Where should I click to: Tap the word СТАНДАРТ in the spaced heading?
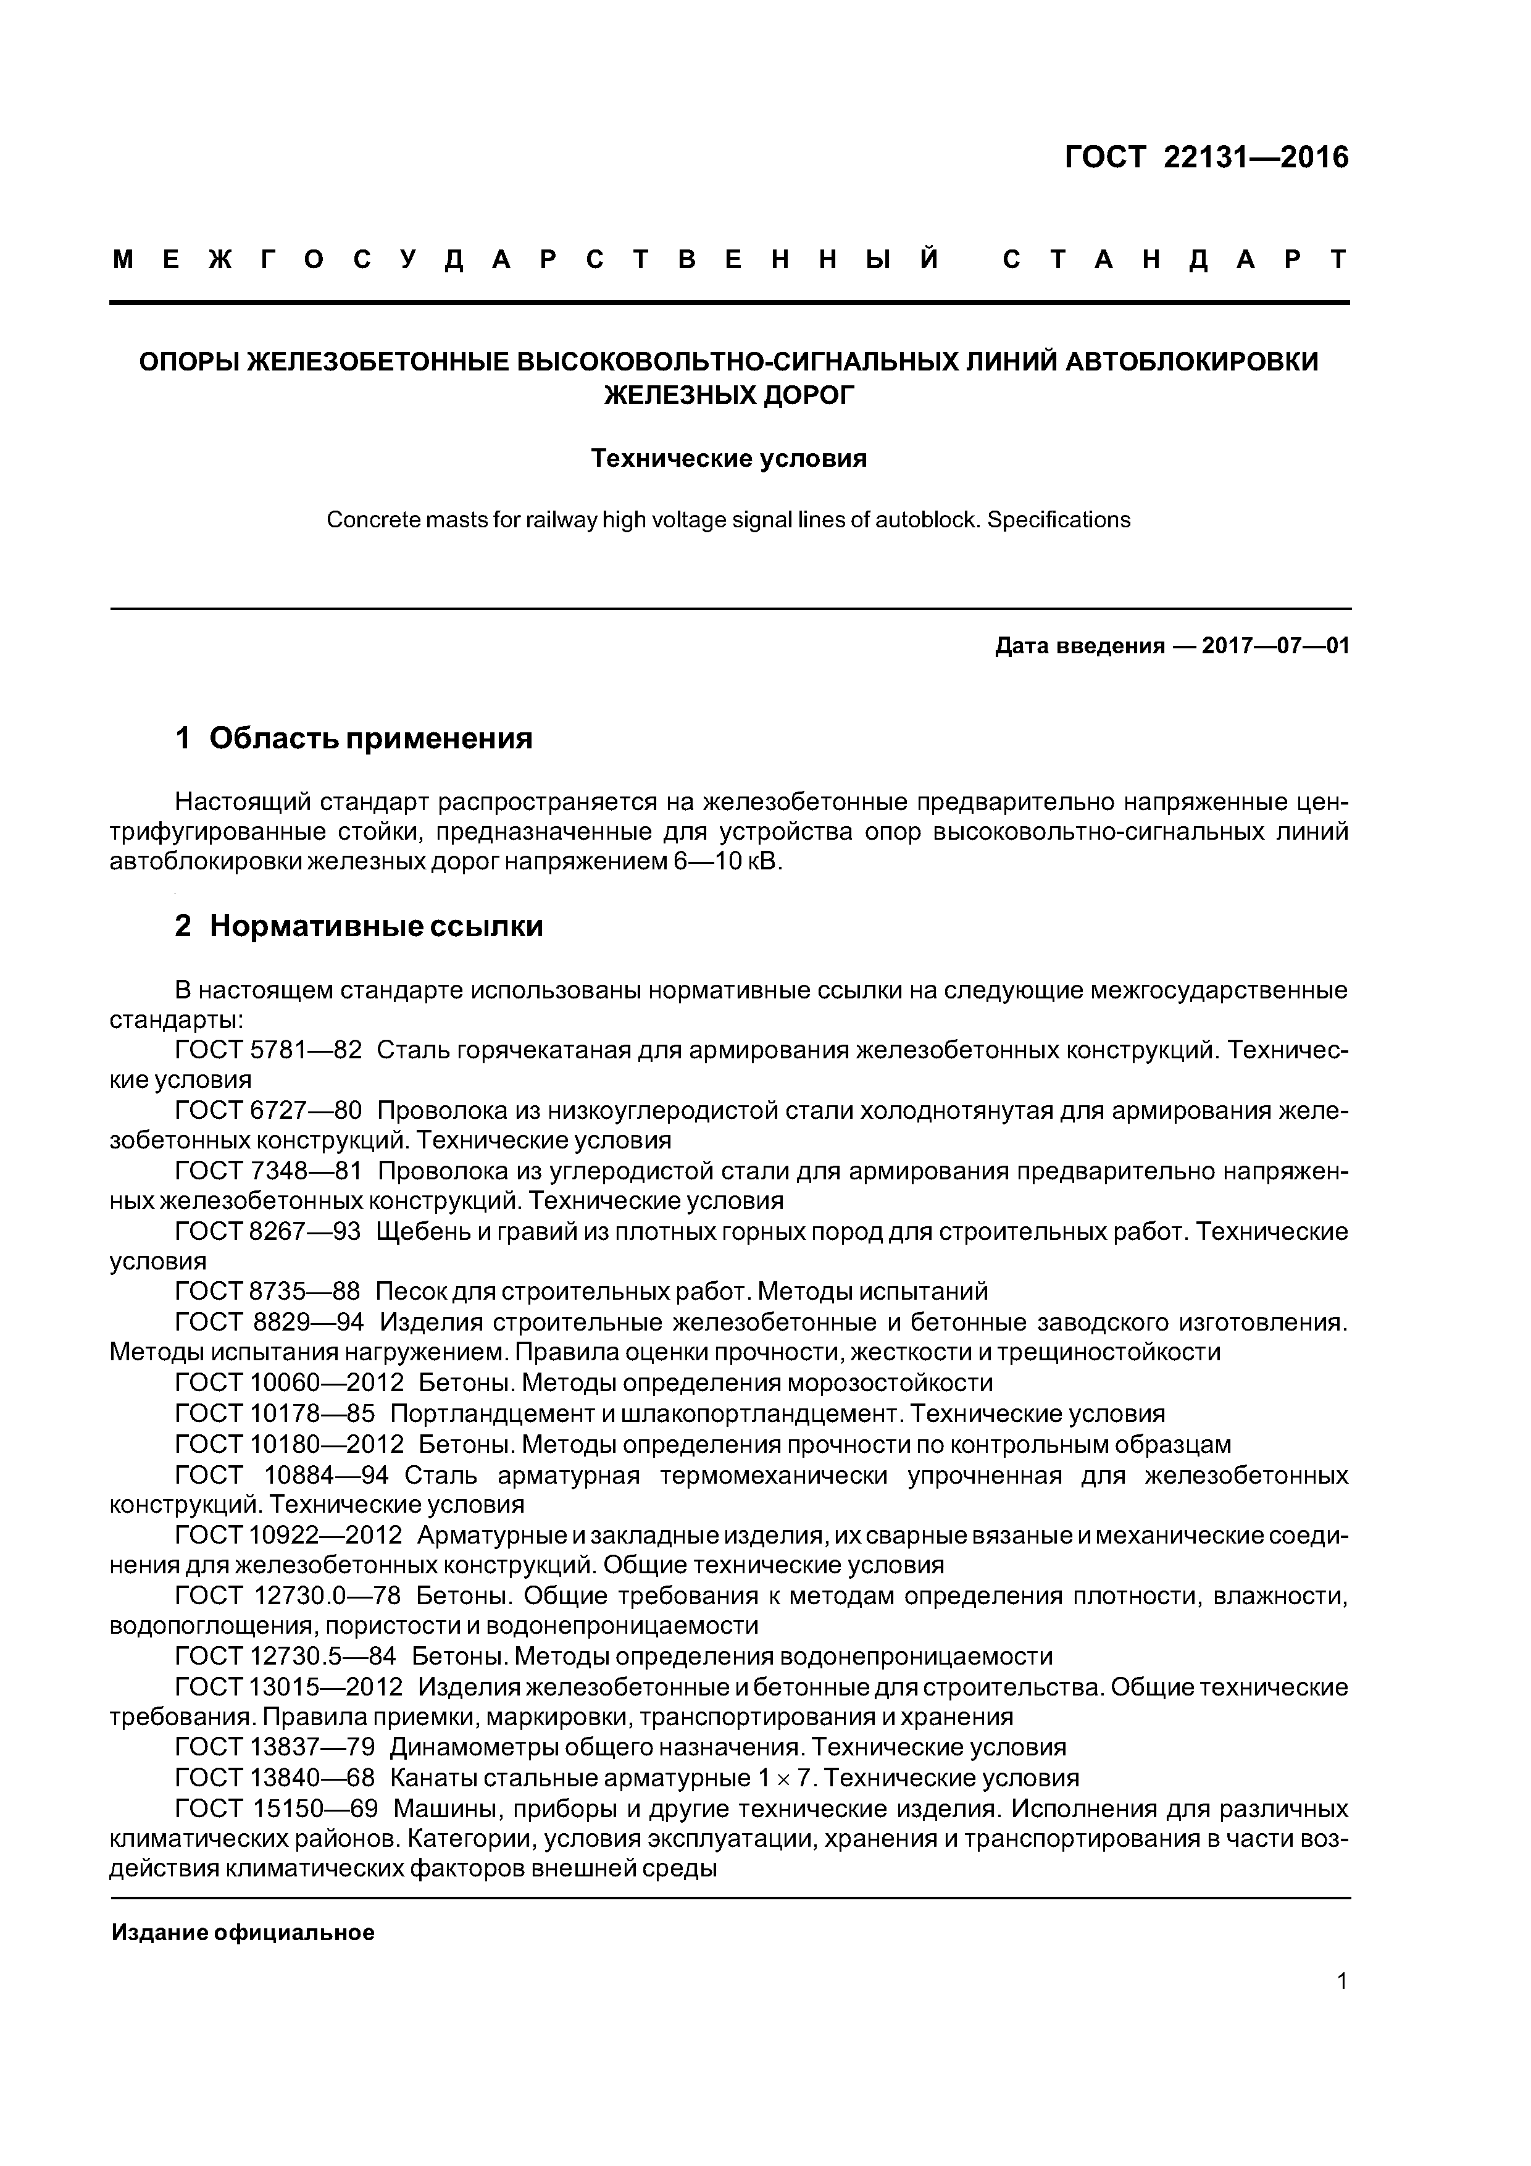click(x=1174, y=259)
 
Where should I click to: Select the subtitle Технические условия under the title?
click(x=728, y=459)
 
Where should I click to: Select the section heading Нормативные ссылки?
click(x=377, y=926)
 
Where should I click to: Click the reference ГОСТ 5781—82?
click(x=269, y=1050)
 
